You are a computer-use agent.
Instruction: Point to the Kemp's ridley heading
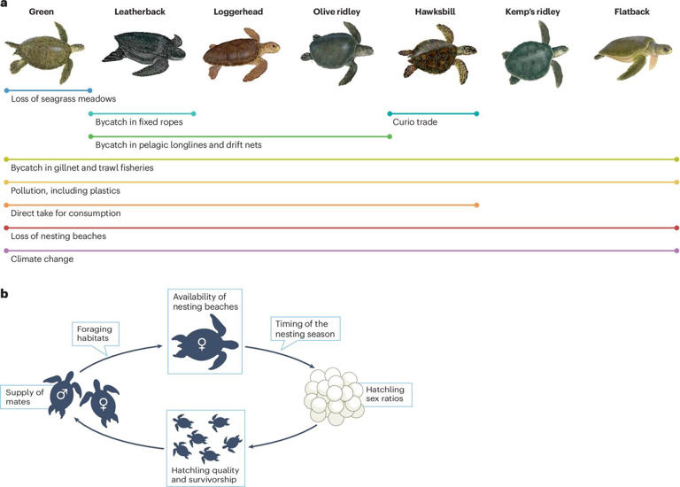coord(534,12)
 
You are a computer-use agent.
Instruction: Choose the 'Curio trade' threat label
coord(415,122)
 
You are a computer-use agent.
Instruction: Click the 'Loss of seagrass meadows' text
coord(64,99)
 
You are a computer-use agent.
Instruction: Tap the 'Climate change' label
coord(42,259)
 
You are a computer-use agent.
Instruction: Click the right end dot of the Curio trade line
coord(477,113)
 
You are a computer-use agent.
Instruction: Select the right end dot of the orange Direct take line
coord(477,205)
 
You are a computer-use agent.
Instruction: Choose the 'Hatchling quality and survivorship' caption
coord(204,474)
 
